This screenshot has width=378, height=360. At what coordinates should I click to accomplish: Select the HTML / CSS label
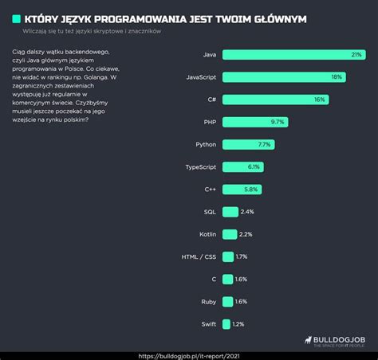pos(199,256)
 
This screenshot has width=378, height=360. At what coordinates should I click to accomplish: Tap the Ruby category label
pos(207,302)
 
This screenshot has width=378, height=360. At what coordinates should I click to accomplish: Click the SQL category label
pos(209,212)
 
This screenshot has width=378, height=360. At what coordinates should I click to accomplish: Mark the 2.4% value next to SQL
pos(246,212)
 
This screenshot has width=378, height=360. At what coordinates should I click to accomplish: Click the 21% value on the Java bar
pos(356,54)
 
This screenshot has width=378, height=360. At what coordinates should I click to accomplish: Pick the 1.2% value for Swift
pos(238,324)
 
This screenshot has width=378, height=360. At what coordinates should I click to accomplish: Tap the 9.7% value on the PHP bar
pos(278,122)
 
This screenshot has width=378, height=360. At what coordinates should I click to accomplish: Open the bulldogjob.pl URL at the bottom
pos(188,355)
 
